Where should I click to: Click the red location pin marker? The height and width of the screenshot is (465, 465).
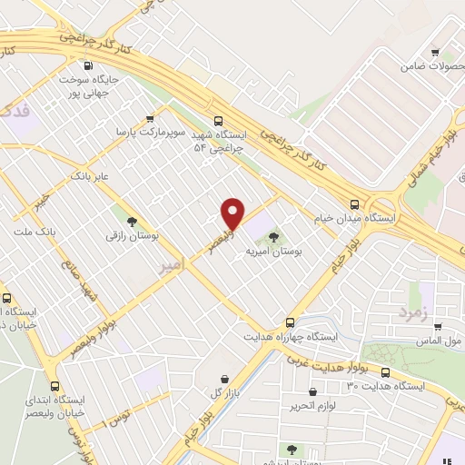tap(233, 213)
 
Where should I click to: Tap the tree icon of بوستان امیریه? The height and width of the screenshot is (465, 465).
tap(274, 237)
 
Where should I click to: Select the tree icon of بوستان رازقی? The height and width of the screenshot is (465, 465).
tap(133, 221)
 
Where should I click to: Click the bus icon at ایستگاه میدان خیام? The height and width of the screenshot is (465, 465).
tap(353, 203)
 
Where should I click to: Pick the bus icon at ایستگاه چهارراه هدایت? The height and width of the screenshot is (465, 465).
tap(290, 322)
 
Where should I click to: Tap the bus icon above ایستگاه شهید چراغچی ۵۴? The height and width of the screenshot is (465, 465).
tap(217, 120)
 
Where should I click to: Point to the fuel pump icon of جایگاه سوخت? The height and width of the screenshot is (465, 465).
tap(87, 65)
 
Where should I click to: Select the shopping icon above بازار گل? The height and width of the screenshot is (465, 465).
tap(223, 379)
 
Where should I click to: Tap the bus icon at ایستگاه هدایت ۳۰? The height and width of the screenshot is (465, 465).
tap(385, 373)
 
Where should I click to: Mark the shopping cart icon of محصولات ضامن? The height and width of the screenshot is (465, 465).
tap(434, 52)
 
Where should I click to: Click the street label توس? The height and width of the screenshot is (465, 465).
tap(117, 417)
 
